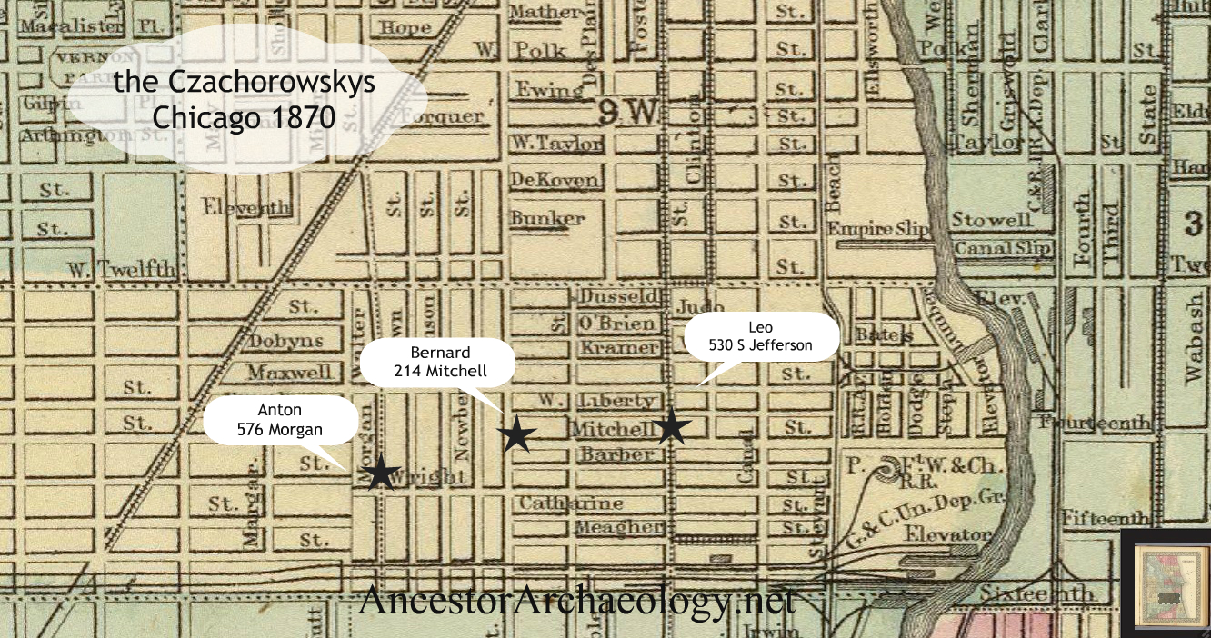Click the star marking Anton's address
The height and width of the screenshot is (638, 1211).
pyautogui.click(x=382, y=473)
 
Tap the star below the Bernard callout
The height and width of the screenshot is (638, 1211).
pyautogui.click(x=516, y=434)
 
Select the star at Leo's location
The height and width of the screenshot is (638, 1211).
pyautogui.click(x=670, y=426)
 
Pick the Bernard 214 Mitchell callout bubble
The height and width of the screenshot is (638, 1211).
pyautogui.click(x=438, y=361)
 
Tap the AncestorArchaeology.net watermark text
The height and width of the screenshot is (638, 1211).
pyautogui.click(x=576, y=601)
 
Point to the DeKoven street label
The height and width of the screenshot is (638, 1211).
pyautogui.click(x=555, y=179)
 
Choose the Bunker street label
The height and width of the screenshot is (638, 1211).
pyautogui.click(x=547, y=218)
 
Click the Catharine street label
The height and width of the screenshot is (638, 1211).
pyautogui.click(x=571, y=503)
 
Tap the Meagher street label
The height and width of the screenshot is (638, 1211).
pyautogui.click(x=618, y=527)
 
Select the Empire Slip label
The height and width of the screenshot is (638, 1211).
pyautogui.click(x=878, y=229)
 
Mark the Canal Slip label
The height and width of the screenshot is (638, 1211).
pyautogui.click(x=1003, y=247)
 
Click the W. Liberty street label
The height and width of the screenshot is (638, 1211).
pyautogui.click(x=596, y=401)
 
